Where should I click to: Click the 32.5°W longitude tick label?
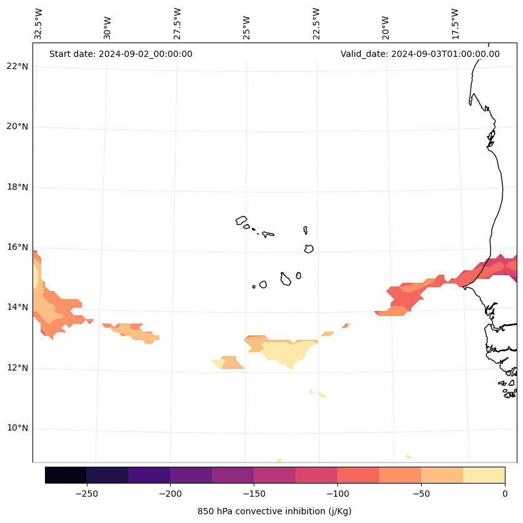coord(39,24)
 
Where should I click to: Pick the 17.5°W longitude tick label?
coord(455,24)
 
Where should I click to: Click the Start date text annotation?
coord(121,54)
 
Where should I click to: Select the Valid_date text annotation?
coord(420,54)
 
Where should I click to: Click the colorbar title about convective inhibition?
coord(274,511)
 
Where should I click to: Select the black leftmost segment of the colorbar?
coord(66,475)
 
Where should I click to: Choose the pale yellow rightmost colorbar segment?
coord(484,475)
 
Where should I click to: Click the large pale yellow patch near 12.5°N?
coord(284,352)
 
